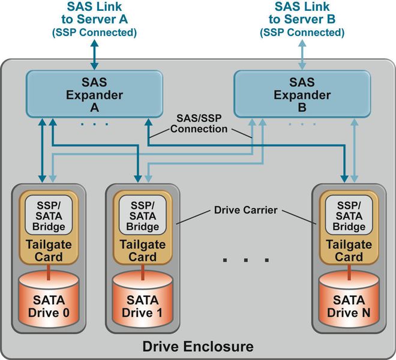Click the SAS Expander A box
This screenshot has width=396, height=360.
click(93, 94)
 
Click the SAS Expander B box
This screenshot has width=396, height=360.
click(302, 94)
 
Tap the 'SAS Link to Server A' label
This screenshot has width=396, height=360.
click(94, 19)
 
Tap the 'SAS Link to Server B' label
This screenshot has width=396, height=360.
click(302, 19)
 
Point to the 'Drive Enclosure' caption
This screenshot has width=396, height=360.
click(197, 347)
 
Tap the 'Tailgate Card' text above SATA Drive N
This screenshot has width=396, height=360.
click(349, 250)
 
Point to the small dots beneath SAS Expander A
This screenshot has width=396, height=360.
click(94, 124)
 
